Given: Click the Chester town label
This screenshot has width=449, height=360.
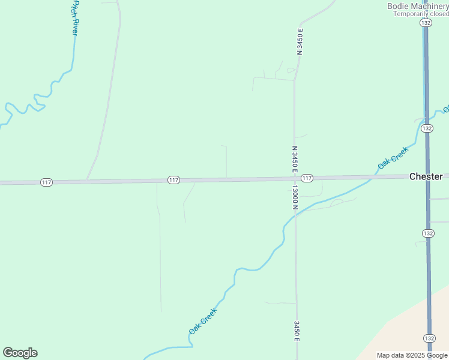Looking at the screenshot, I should [x=426, y=176].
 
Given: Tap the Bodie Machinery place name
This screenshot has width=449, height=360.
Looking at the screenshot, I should [x=418, y=6].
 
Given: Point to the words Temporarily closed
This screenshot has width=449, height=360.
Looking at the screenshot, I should [x=420, y=14].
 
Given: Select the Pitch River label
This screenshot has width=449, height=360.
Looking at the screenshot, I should [x=74, y=19].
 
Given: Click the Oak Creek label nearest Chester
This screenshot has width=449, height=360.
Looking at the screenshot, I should [x=393, y=157].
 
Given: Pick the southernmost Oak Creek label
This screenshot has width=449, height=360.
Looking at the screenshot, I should [x=202, y=321].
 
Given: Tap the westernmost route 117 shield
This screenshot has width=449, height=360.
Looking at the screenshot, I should [x=46, y=182].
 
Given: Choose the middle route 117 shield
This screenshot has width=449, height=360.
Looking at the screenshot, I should [x=173, y=180].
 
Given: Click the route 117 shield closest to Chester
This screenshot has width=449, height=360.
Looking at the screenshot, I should [x=307, y=178].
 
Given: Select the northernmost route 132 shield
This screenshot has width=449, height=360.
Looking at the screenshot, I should [x=426, y=23].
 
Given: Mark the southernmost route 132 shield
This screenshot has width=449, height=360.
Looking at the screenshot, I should [x=429, y=338].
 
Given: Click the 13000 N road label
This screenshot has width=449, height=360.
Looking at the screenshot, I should [x=295, y=197].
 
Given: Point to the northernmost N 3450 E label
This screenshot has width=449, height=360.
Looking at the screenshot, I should [x=300, y=41].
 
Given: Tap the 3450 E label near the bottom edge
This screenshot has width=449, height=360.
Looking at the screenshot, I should [x=297, y=331].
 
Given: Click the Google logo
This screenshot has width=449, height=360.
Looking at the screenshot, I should [x=20, y=353].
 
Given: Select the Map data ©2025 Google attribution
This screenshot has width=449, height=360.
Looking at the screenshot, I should [x=412, y=355].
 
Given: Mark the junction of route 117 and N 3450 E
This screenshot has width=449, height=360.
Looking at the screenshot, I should [x=295, y=178].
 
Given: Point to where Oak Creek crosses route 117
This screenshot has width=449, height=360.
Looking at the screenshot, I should [x=378, y=176].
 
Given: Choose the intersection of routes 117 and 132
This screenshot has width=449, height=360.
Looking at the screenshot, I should [x=427, y=176].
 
